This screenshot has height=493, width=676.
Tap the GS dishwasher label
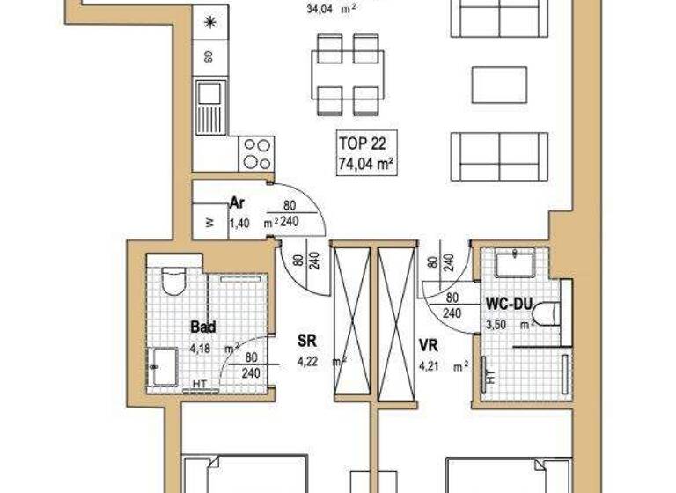(209, 57)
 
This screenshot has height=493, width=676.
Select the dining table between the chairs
(348, 75)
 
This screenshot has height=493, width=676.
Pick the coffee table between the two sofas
(498, 85)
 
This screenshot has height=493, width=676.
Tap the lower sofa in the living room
(498, 157)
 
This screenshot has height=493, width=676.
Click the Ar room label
(236, 202)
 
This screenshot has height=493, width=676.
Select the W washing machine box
(209, 223)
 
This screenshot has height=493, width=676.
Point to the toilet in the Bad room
(173, 279)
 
